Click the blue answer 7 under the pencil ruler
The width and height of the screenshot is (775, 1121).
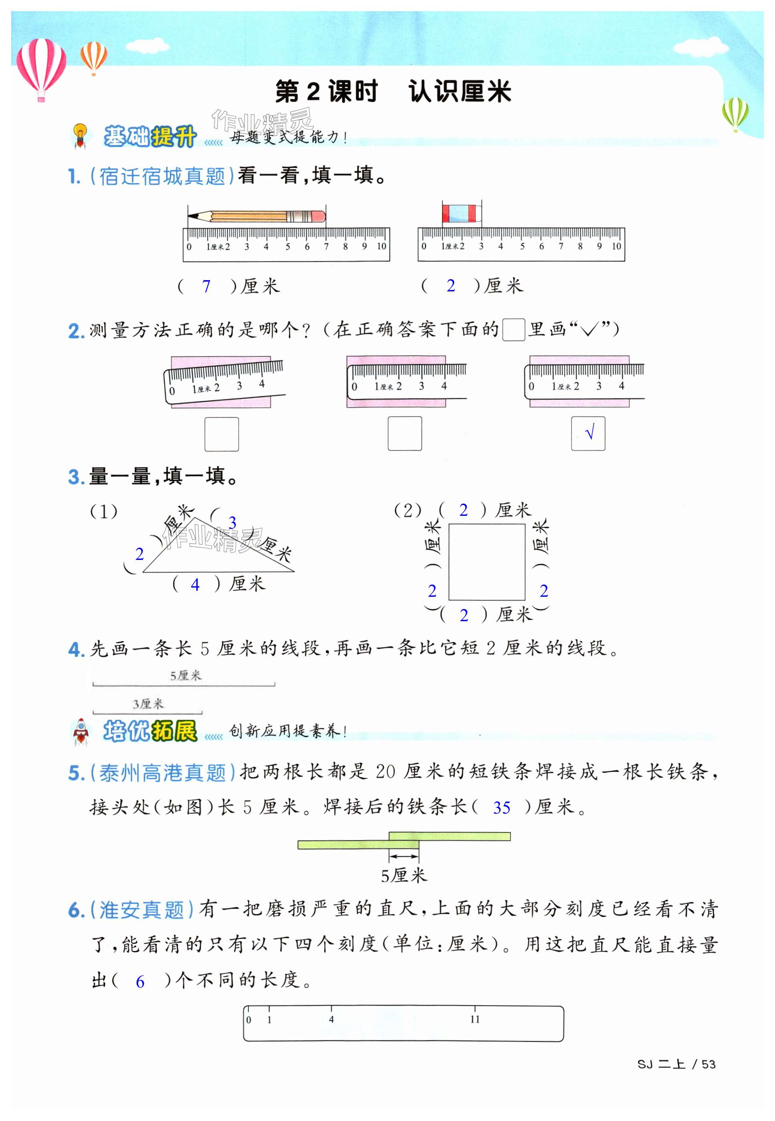click(x=206, y=287)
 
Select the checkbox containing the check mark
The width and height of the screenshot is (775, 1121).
click(x=587, y=433)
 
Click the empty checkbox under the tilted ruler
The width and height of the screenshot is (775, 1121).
click(x=222, y=434)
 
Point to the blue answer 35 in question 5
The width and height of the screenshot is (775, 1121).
click(x=502, y=807)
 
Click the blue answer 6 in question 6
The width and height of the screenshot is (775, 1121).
click(x=140, y=982)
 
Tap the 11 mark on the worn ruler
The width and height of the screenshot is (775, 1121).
click(x=474, y=1020)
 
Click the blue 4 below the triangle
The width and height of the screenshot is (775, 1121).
click(x=195, y=584)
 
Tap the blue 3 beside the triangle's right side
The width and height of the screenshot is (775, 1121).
click(x=232, y=523)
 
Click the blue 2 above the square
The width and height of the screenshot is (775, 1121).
click(x=463, y=510)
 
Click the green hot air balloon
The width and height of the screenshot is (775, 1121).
click(x=735, y=114)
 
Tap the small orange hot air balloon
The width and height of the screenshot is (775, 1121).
click(x=94, y=57)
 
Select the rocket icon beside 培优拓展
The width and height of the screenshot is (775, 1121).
click(x=81, y=731)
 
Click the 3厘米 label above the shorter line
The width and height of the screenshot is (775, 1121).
click(x=148, y=704)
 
